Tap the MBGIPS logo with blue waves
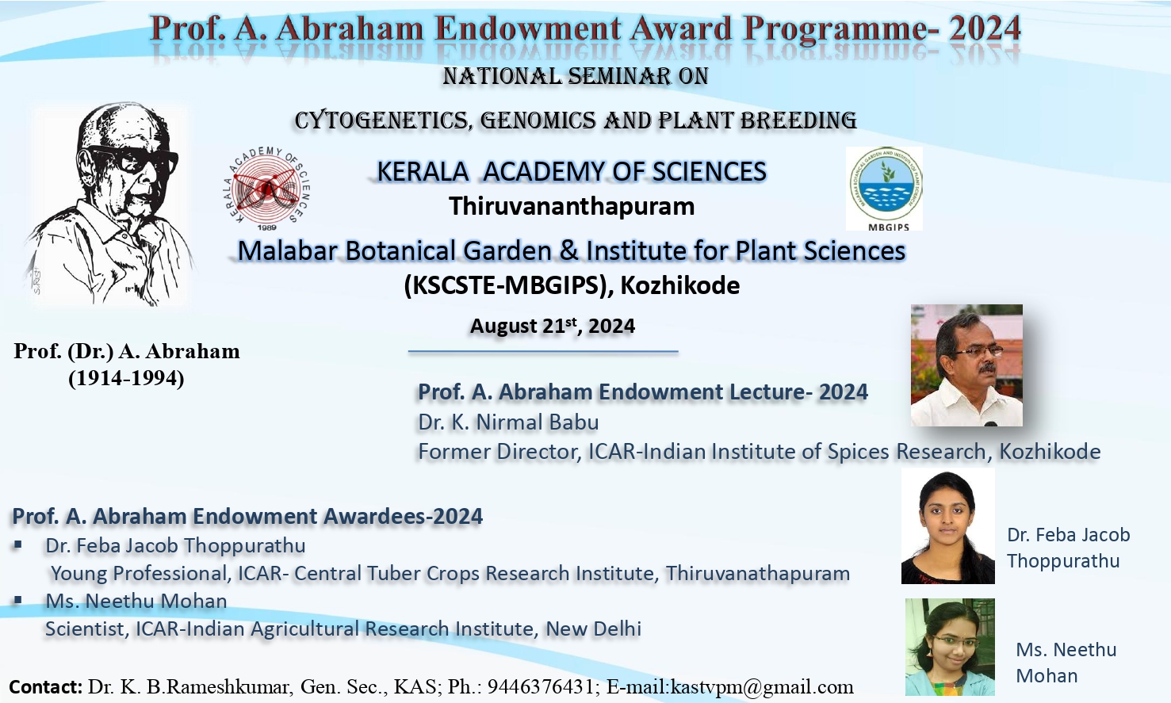click(x=885, y=187)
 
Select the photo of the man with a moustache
click(x=966, y=365)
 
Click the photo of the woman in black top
click(x=947, y=525)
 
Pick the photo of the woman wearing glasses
click(x=950, y=647)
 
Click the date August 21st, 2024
click(x=553, y=326)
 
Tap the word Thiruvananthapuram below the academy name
click(x=572, y=206)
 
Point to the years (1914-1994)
click(x=126, y=378)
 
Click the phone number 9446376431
click(x=543, y=686)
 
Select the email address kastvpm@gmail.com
click(x=762, y=686)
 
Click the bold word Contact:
click(x=45, y=686)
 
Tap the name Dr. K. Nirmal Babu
click(x=508, y=422)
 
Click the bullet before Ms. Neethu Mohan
click(x=18, y=601)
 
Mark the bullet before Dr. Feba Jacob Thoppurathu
click(x=18, y=545)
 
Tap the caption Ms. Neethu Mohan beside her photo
click(x=1066, y=663)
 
